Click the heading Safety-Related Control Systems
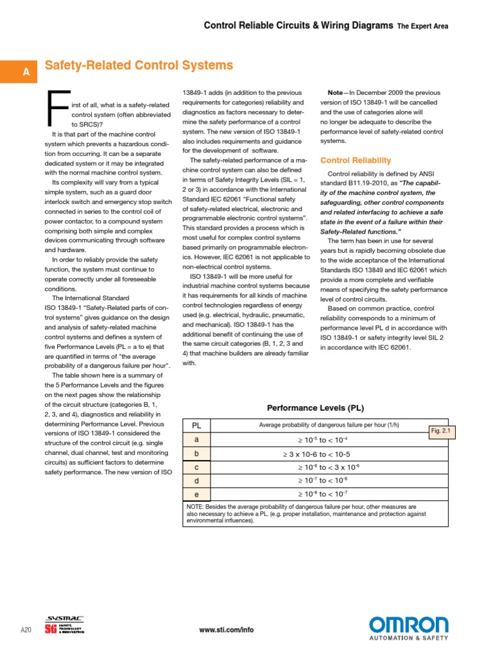138,66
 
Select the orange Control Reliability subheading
356,160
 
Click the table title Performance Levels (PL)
315,407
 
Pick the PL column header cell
197,425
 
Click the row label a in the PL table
197,439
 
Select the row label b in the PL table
197,454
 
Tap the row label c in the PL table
197,467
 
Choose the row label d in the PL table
197,481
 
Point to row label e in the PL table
197,494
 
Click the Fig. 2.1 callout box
441,432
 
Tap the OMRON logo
408,625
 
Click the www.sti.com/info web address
227,630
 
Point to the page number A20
26,630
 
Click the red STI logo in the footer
51,629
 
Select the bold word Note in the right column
336,92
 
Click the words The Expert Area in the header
422,26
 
